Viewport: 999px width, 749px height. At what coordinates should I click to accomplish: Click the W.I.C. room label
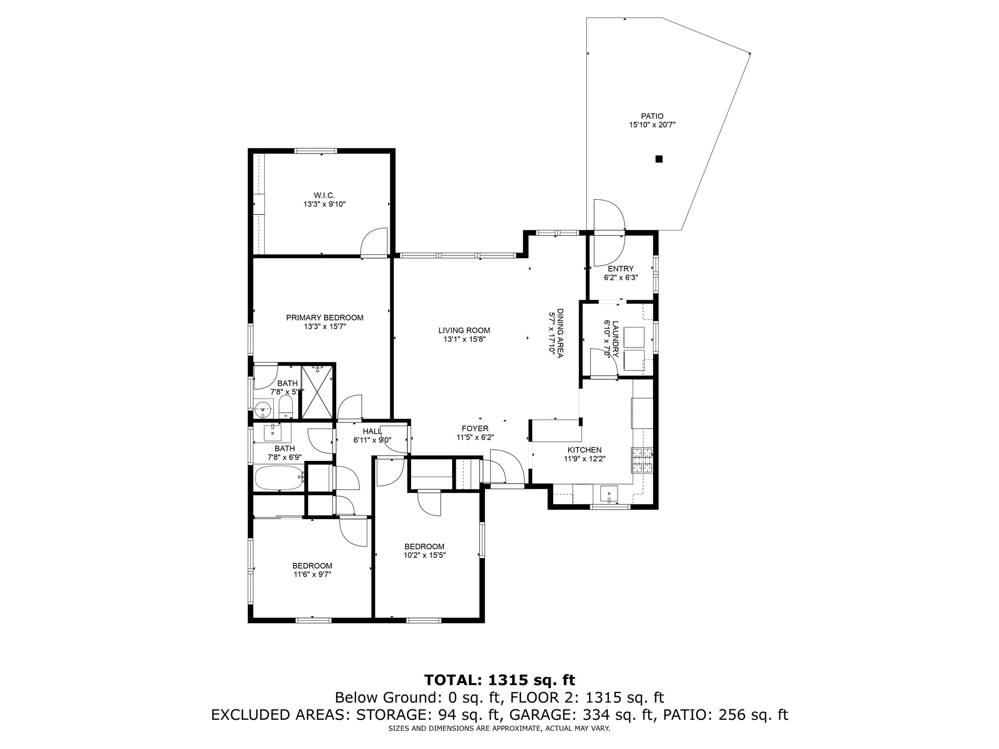pos(321,195)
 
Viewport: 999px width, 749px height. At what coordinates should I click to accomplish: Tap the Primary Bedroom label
pos(325,318)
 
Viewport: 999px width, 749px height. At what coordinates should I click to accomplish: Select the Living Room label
pos(464,330)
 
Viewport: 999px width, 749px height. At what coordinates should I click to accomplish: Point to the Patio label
pos(652,116)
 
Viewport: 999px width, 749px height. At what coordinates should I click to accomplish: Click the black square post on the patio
pos(659,159)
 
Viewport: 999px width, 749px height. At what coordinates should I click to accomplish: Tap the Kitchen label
pos(584,450)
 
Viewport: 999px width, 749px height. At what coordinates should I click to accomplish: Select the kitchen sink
pos(608,493)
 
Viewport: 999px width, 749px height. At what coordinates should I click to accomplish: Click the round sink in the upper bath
pos(263,410)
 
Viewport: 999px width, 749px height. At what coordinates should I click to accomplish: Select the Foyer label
pos(475,429)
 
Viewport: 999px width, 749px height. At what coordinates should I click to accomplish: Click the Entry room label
pos(621,269)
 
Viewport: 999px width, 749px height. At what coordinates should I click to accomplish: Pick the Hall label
pos(372,431)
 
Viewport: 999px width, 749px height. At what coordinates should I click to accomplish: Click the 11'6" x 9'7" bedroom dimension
pos(312,575)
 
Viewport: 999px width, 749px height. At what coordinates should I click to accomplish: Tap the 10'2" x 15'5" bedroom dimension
pos(425,555)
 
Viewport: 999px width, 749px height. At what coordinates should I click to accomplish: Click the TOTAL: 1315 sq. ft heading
pos(499,680)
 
